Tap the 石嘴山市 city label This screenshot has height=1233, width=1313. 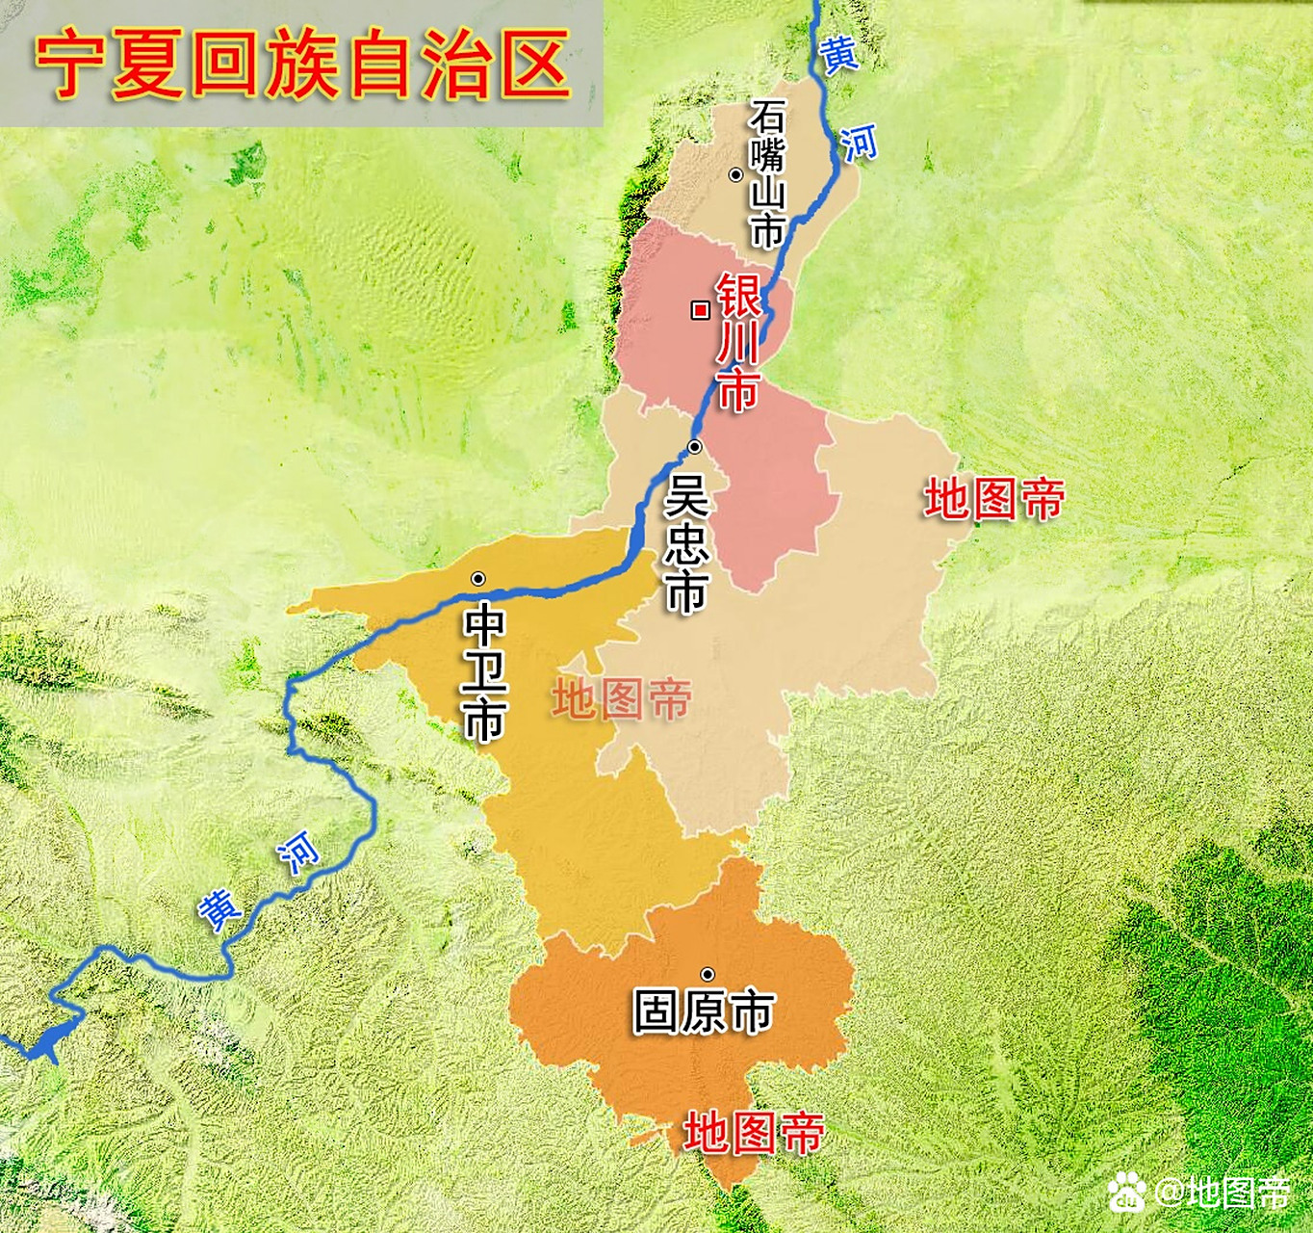pyautogui.click(x=768, y=173)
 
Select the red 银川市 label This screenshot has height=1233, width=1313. pyautogui.click(x=738, y=342)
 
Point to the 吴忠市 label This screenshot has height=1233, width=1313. pyautogui.click(x=686, y=543)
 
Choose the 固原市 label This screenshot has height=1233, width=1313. pyautogui.click(x=704, y=1011)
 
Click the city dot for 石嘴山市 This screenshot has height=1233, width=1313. pyautogui.click(x=735, y=174)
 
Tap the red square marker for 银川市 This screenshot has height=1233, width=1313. pyautogui.click(x=701, y=309)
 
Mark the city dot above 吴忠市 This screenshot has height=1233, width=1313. pyautogui.click(x=694, y=447)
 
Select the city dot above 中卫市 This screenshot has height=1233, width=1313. pyautogui.click(x=477, y=579)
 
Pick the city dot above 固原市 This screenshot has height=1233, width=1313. pyautogui.click(x=708, y=974)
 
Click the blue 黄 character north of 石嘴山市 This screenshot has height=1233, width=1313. pyautogui.click(x=838, y=54)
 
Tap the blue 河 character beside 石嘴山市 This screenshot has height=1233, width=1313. pyautogui.click(x=859, y=142)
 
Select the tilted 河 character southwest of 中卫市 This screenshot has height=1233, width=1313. pyautogui.click(x=297, y=852)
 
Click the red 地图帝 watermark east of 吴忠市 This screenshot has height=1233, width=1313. pyautogui.click(x=994, y=499)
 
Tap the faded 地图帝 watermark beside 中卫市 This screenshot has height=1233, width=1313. pyautogui.click(x=622, y=699)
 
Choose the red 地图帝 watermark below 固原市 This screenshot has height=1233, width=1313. pyautogui.click(x=754, y=1133)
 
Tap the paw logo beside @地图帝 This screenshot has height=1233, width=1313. pyautogui.click(x=1127, y=1193)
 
